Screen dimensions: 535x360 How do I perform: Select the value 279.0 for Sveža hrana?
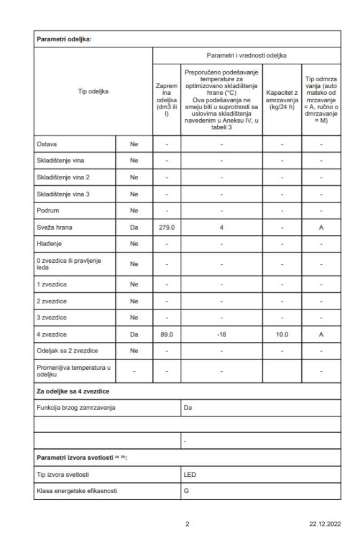click(x=166, y=227)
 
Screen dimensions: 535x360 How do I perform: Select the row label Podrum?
click(x=47, y=210)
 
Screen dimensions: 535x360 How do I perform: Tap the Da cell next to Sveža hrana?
click(x=134, y=227)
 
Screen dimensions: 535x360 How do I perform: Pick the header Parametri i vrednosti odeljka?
click(x=246, y=55)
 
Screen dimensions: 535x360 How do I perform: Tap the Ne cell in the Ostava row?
click(x=134, y=144)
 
